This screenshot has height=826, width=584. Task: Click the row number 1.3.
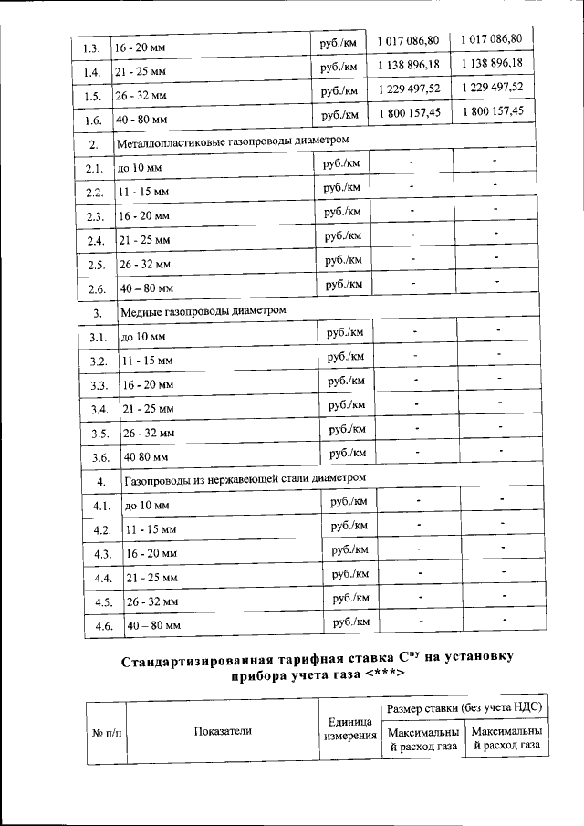(90, 46)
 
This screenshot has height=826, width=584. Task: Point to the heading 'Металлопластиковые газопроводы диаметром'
(233, 142)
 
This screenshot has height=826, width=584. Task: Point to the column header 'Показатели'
(222, 730)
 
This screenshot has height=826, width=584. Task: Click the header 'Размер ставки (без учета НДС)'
(464, 708)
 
